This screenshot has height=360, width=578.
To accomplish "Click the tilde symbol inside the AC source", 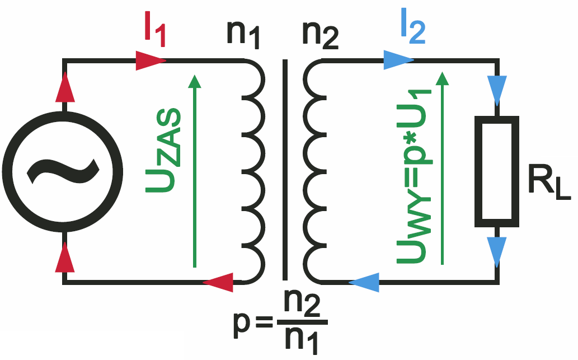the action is [x=63, y=171].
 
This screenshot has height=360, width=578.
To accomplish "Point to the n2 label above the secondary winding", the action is [x=320, y=35].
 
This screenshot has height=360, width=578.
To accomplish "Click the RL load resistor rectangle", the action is [x=496, y=171].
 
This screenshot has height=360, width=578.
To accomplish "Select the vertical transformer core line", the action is [x=285, y=170].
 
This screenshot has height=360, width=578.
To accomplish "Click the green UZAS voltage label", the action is [x=163, y=151].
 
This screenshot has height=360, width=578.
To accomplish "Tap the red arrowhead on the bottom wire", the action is [x=218, y=283].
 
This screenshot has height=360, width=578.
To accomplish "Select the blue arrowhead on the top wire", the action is [x=398, y=60].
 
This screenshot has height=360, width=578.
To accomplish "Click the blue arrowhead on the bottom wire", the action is [x=364, y=283].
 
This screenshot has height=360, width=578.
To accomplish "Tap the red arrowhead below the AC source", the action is [x=65, y=257].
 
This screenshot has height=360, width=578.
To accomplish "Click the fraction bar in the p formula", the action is [x=302, y=322].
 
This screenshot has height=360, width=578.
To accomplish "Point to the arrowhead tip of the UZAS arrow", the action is [x=194, y=75].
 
